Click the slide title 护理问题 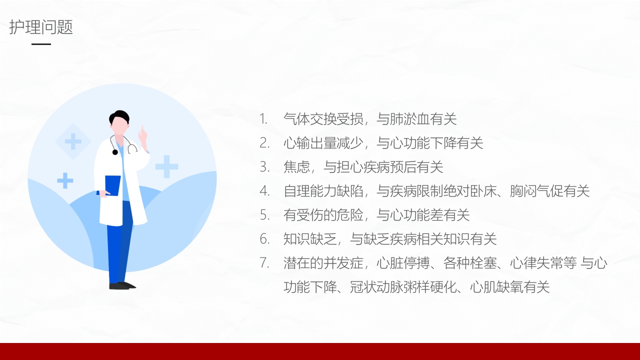point(41,27)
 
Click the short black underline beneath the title point(41,44)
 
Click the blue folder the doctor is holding point(112,185)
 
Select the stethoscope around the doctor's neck point(131,146)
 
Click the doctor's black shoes point(122,285)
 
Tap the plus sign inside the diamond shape point(73,141)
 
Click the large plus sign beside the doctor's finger point(166,166)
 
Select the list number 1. point(263,119)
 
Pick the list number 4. point(264,190)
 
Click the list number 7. point(264,262)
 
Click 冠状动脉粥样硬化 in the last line point(403,287)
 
